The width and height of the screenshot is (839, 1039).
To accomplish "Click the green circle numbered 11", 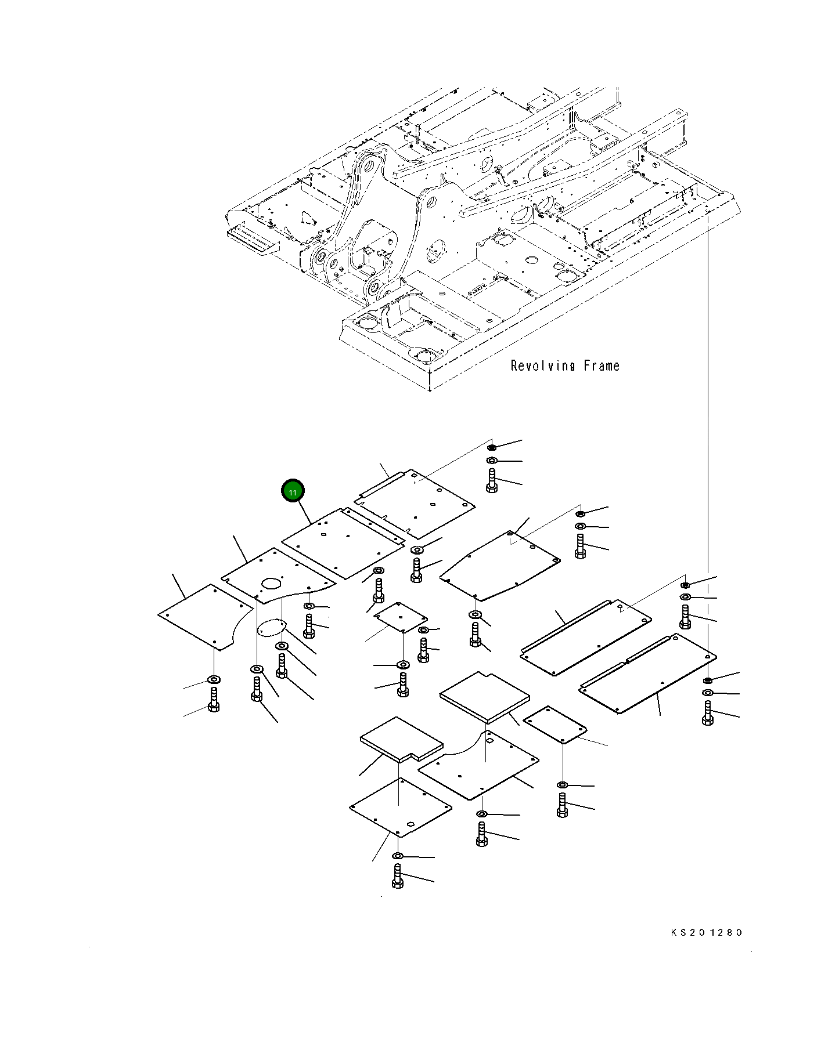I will [293, 492].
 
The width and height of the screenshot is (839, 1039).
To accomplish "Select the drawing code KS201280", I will [706, 933].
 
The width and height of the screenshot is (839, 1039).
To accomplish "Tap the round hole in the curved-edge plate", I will [271, 582].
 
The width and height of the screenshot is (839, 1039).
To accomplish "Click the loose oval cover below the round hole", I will [272, 628].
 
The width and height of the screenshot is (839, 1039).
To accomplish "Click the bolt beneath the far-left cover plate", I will [214, 699].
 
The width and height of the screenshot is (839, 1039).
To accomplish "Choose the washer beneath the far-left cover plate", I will [214, 679].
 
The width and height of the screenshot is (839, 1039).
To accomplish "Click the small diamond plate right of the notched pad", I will [555, 724].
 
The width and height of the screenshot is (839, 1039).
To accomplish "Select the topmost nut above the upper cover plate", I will [491, 447].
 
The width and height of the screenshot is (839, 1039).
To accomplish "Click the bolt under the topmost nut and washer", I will [492, 480].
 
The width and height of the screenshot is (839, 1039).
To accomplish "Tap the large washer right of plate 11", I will [417, 549].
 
